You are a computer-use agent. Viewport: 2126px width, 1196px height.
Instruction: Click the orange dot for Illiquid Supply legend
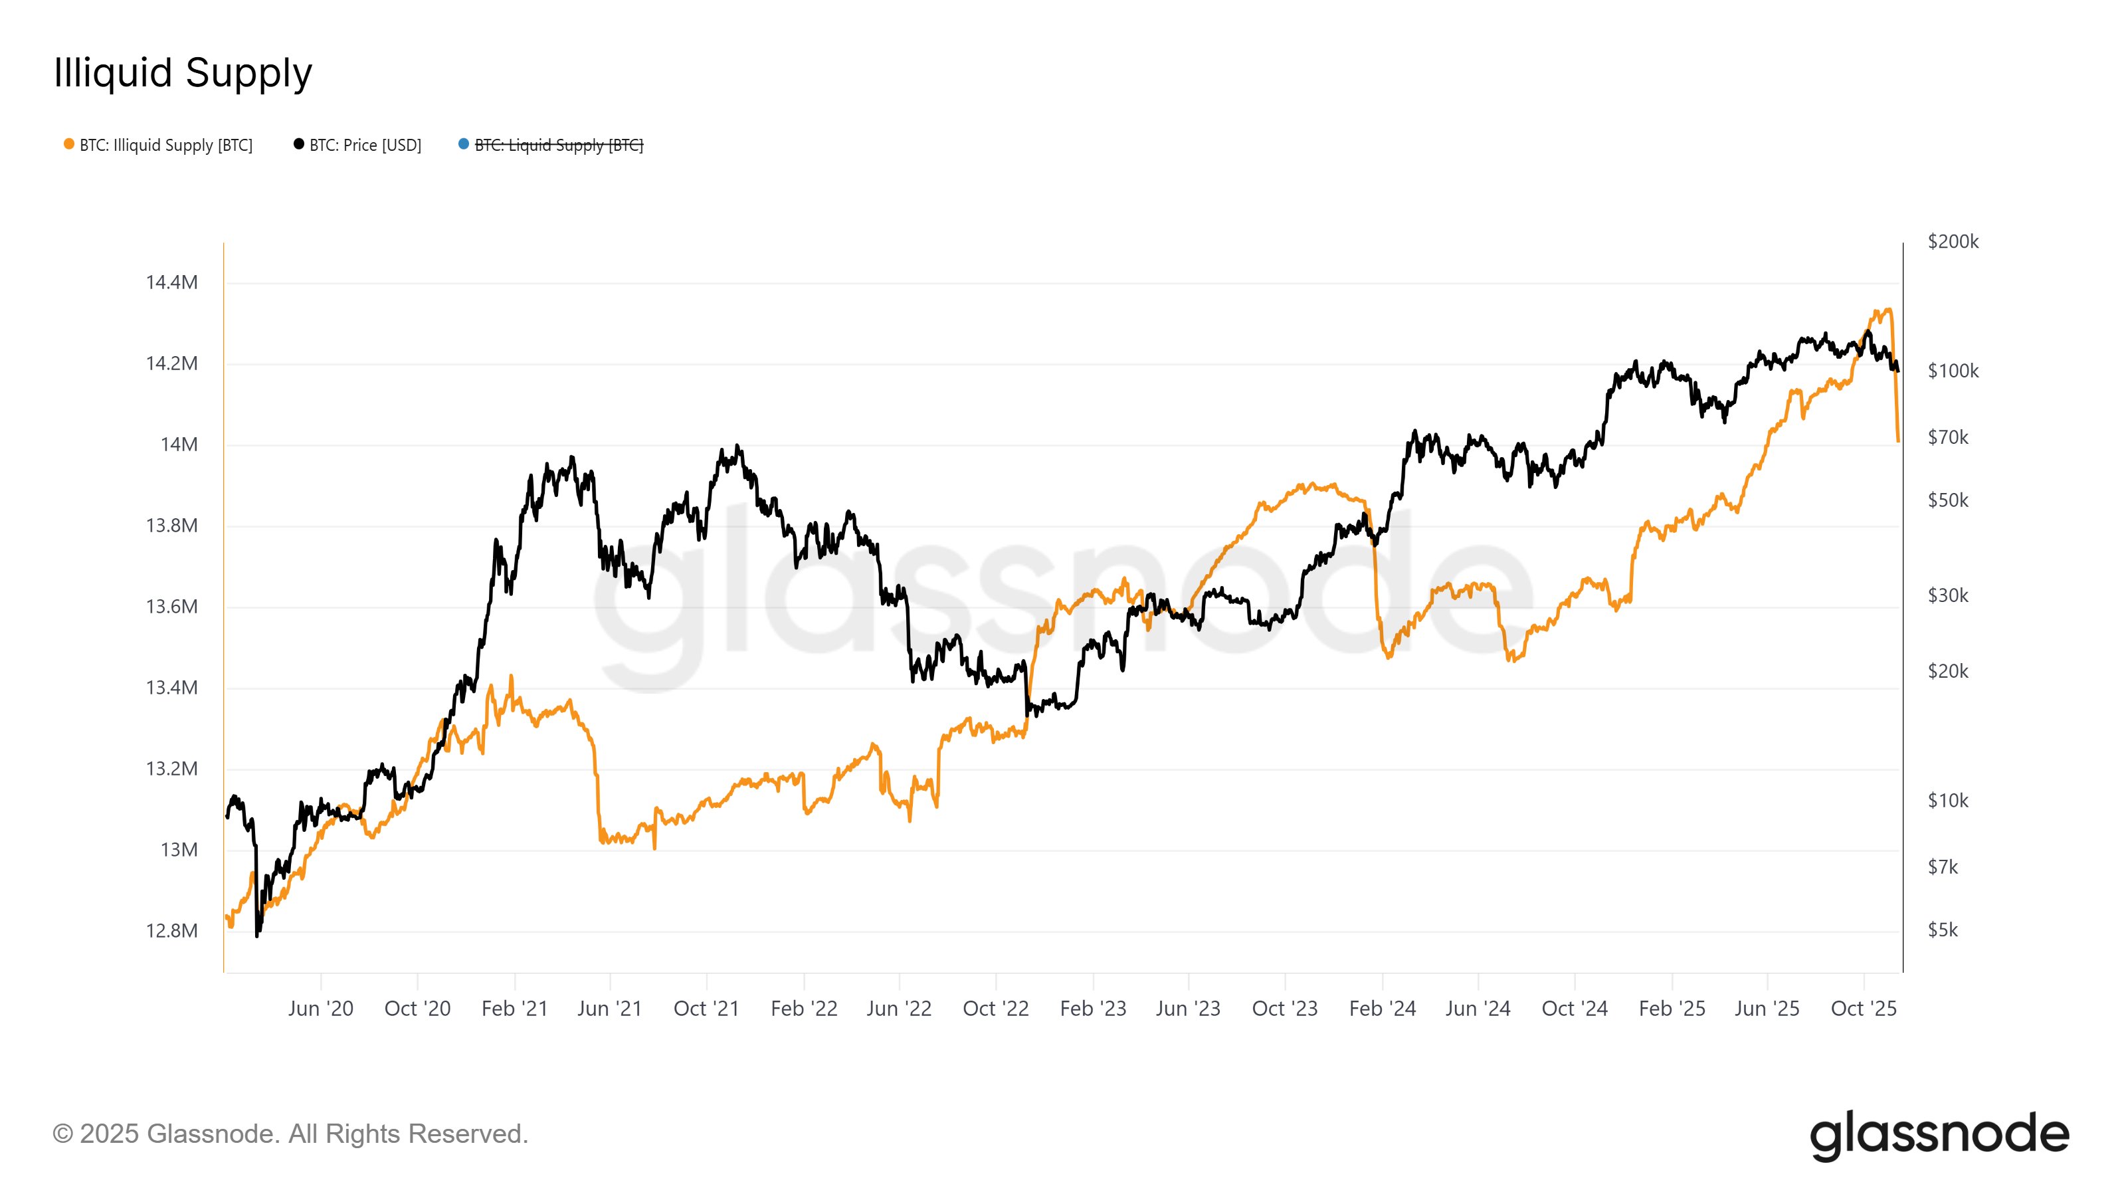pyautogui.click(x=69, y=144)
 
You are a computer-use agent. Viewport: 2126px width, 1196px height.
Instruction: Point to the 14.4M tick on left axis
pyautogui.click(x=171, y=282)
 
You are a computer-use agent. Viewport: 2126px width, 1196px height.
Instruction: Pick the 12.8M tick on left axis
pyautogui.click(x=171, y=931)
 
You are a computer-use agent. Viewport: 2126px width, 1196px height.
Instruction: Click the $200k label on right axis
pyautogui.click(x=1953, y=242)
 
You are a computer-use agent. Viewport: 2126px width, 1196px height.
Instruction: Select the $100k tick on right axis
pyautogui.click(x=1953, y=371)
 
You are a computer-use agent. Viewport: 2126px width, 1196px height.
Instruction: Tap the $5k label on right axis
pyautogui.click(x=1942, y=930)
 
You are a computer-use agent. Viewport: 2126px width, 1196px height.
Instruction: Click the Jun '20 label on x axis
pyautogui.click(x=320, y=1009)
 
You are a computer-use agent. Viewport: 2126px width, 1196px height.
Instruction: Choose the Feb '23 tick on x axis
pyautogui.click(x=1093, y=1009)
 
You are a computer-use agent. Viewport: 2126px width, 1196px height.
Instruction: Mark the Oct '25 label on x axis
pyautogui.click(x=1864, y=1009)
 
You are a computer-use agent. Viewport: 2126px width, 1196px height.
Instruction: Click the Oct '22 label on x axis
pyautogui.click(x=995, y=1009)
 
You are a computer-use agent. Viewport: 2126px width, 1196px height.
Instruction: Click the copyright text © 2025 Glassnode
pyautogui.click(x=290, y=1134)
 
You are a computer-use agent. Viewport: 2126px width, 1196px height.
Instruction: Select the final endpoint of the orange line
pyautogui.click(x=1898, y=441)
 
